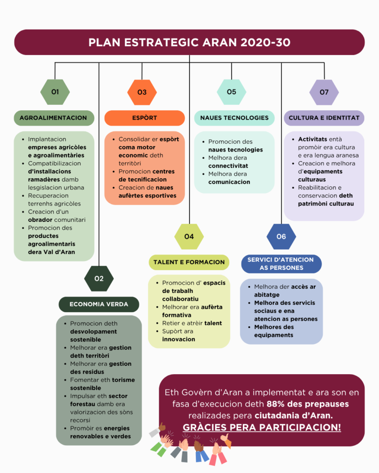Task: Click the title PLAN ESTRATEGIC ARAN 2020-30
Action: tap(189, 42)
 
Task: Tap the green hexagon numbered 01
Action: tap(55, 92)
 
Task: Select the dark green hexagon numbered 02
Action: tap(99, 279)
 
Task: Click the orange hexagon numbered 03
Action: tap(142, 92)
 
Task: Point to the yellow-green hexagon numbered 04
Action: tap(189, 236)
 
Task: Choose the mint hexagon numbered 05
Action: tap(231, 92)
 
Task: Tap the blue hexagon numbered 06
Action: tap(281, 236)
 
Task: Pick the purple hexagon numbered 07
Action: tap(324, 92)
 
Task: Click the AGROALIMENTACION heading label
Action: tap(53, 118)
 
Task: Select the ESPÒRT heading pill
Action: tap(144, 118)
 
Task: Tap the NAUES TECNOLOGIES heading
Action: tap(234, 118)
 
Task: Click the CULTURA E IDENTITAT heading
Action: tap(324, 118)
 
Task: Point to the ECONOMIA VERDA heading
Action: tap(99, 304)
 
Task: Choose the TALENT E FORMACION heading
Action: tap(189, 262)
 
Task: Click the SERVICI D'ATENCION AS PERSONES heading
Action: tap(280, 263)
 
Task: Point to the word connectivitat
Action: tap(228, 166)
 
